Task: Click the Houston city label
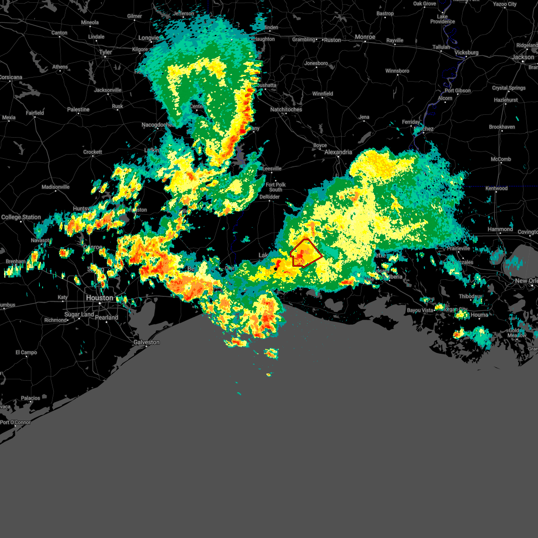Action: tap(100, 298)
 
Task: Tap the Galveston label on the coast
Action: tap(147, 342)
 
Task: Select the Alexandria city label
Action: tap(338, 152)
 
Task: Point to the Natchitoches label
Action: tap(286, 109)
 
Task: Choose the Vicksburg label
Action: tap(466, 52)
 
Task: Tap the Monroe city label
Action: tap(365, 37)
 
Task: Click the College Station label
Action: tap(21, 217)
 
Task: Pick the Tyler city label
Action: tap(106, 52)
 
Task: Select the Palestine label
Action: tap(78, 109)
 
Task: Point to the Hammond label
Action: tap(500, 229)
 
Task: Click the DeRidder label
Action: tap(269, 197)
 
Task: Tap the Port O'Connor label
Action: tap(16, 422)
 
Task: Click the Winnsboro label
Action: tap(397, 71)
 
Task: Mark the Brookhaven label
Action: tap(502, 127)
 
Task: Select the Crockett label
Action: tap(93, 152)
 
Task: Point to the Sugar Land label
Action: tap(79, 314)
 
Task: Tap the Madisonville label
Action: tap(56, 187)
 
